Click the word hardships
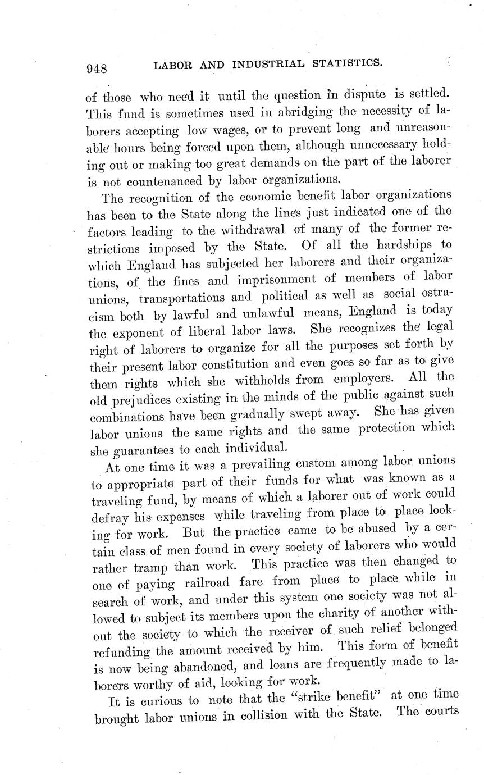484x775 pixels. [401, 245]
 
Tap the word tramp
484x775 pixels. [151, 566]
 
